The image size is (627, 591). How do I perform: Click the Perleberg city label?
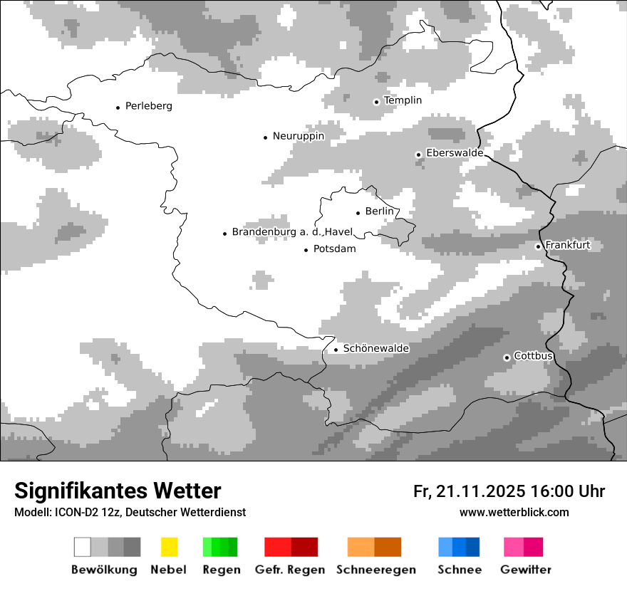148,106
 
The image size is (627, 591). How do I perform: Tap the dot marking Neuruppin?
266,137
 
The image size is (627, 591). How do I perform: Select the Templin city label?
403,100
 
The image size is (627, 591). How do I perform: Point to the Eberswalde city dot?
419,155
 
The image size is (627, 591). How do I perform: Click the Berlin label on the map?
379,211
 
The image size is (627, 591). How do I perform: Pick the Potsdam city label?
334,249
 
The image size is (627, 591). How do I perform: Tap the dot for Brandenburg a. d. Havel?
225,233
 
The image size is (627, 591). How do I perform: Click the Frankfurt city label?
568,246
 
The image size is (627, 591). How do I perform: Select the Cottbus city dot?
507,357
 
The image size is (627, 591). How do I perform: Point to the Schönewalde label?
376,349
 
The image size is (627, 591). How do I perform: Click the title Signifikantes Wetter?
118,491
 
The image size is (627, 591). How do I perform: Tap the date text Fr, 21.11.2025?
470,491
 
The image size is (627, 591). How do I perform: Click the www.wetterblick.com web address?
514,512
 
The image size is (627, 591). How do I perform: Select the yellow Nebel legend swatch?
170,547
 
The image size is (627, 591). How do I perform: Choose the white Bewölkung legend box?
83,547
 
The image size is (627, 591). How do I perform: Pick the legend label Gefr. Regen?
290,570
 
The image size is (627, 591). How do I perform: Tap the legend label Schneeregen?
375,570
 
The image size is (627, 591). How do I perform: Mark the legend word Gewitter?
526,570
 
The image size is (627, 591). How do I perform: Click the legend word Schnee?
460,570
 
